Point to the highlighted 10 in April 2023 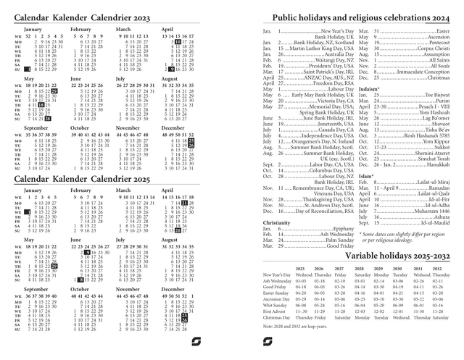176,43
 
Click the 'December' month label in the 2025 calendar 175,288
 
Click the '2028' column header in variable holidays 360,269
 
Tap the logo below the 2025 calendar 196,343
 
